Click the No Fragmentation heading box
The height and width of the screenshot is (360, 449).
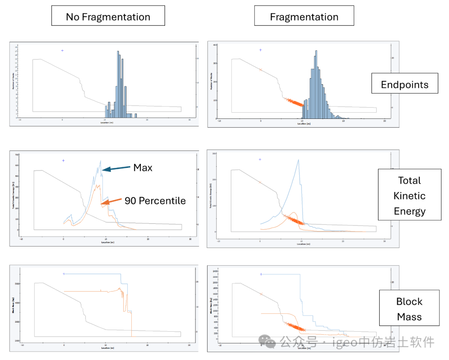108,17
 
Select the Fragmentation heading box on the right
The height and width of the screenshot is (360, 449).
304,17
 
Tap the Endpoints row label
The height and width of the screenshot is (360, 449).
405,84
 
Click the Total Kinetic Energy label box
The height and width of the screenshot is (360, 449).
410,195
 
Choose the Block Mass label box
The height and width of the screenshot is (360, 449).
409,309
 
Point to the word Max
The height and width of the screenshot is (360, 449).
143,168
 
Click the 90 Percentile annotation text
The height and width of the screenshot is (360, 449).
155,201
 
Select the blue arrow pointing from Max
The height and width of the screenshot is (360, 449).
116,169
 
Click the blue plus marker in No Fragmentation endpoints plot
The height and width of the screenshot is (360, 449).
62,51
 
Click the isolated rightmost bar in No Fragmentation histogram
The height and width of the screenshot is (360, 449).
136,115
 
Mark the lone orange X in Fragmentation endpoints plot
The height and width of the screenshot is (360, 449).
261,70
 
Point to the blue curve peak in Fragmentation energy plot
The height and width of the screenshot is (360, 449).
298,160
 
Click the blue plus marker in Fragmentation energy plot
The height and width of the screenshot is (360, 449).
260,159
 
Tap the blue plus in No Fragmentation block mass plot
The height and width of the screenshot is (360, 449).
64,274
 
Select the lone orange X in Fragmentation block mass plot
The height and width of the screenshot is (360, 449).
261,294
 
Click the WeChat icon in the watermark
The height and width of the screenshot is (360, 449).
270,342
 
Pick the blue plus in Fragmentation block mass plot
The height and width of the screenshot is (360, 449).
261,274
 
